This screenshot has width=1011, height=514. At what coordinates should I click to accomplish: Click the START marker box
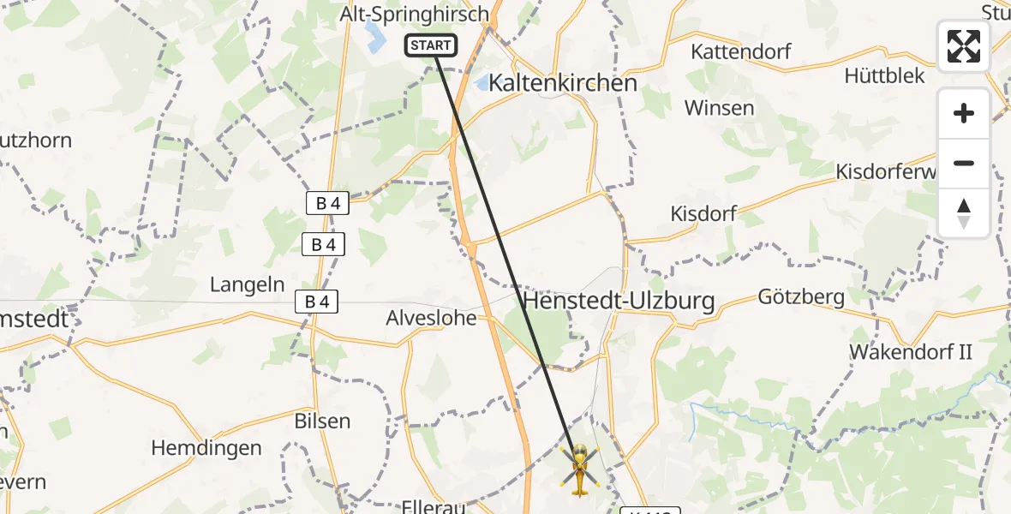pyautogui.click(x=431, y=45)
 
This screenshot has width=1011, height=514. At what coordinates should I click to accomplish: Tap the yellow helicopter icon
pyautogui.click(x=580, y=469)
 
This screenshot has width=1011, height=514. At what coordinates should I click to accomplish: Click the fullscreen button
pyautogui.click(x=964, y=46)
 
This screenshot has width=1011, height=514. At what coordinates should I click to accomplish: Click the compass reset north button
pyautogui.click(x=964, y=213)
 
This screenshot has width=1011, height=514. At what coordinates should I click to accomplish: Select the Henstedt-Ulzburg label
pyautogui.click(x=618, y=302)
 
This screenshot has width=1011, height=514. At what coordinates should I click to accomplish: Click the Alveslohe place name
pyautogui.click(x=431, y=318)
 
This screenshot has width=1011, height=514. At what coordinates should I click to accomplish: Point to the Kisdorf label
pyautogui.click(x=703, y=213)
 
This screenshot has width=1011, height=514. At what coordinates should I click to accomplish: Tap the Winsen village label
pyautogui.click(x=719, y=108)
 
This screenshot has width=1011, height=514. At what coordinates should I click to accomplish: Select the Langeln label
pyautogui.click(x=248, y=284)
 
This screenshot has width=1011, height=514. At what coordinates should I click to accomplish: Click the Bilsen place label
pyautogui.click(x=321, y=421)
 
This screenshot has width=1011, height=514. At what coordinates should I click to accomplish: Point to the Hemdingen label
pyautogui.click(x=206, y=447)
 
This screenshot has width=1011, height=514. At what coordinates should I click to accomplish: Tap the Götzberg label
pyautogui.click(x=801, y=297)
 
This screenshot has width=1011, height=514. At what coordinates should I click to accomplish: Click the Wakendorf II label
pyautogui.click(x=910, y=351)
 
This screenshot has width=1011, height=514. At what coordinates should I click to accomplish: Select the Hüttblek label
pyautogui.click(x=884, y=76)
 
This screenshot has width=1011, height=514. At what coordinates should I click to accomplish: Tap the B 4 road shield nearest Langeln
pyautogui.click(x=316, y=302)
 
